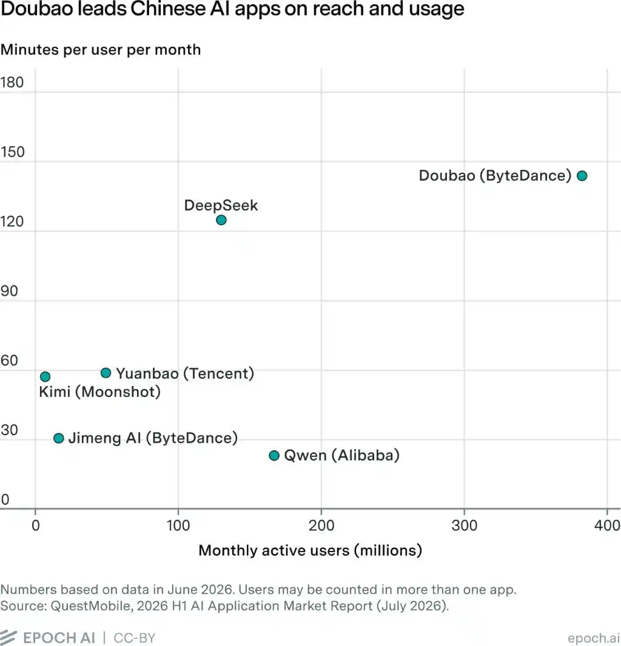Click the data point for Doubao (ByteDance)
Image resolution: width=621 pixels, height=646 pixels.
pos(582,176)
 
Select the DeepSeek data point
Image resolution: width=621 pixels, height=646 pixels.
pos(221,220)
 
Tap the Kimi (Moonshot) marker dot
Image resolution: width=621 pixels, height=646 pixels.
pos(45,376)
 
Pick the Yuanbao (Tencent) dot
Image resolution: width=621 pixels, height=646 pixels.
pos(106,373)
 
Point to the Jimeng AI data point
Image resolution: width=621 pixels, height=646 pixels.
pos(59,438)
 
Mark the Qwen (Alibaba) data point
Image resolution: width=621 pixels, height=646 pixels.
pos(274,456)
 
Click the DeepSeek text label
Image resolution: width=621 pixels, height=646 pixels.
pos(221,205)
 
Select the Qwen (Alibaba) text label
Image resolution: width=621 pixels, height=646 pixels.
pos(342,455)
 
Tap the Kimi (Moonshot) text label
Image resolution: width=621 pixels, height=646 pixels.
pos(100,392)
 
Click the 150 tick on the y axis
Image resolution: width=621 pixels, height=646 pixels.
pos(12,152)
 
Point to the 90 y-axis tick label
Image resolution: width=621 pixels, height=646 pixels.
pos(9,291)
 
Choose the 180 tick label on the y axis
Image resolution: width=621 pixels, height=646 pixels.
pos(12,82)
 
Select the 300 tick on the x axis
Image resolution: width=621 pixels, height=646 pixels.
pos(465,525)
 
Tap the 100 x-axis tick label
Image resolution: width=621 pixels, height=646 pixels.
pos(178,525)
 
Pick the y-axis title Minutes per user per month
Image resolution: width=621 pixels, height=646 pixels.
pos(101,50)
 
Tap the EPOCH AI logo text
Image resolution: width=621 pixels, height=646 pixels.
pos(59,638)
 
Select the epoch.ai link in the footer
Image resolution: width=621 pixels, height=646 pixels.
pos(594,638)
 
